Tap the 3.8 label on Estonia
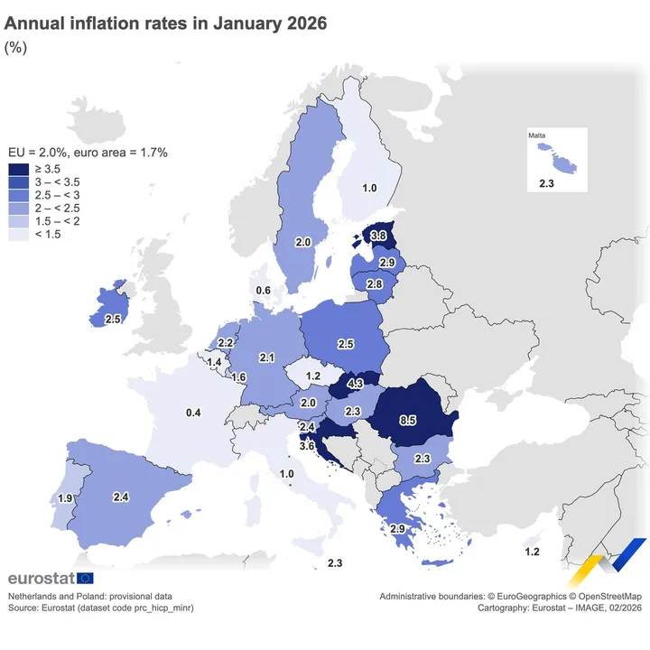380,235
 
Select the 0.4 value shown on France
193,413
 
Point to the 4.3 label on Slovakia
355,384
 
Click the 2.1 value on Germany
266,358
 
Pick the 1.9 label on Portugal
65,498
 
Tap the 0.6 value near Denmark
264,290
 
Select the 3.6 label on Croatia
306,445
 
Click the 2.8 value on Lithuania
375,284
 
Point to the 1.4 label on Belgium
215,363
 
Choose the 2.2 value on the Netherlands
226,343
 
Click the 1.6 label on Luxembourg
239,377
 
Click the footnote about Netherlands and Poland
89,597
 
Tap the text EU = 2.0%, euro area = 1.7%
88,153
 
